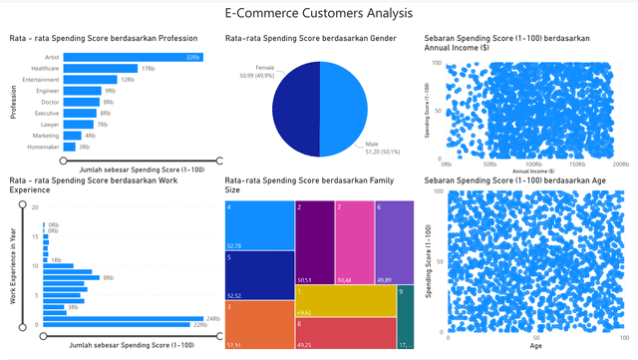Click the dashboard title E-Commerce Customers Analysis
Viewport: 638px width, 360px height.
(x=318, y=13)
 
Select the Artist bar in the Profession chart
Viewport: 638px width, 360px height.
(x=130, y=57)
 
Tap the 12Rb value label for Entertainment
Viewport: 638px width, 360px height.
(x=128, y=79)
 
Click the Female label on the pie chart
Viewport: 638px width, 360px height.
(x=264, y=67)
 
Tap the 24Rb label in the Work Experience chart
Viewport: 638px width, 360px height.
(x=198, y=318)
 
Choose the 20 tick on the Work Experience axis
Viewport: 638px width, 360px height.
(x=35, y=207)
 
